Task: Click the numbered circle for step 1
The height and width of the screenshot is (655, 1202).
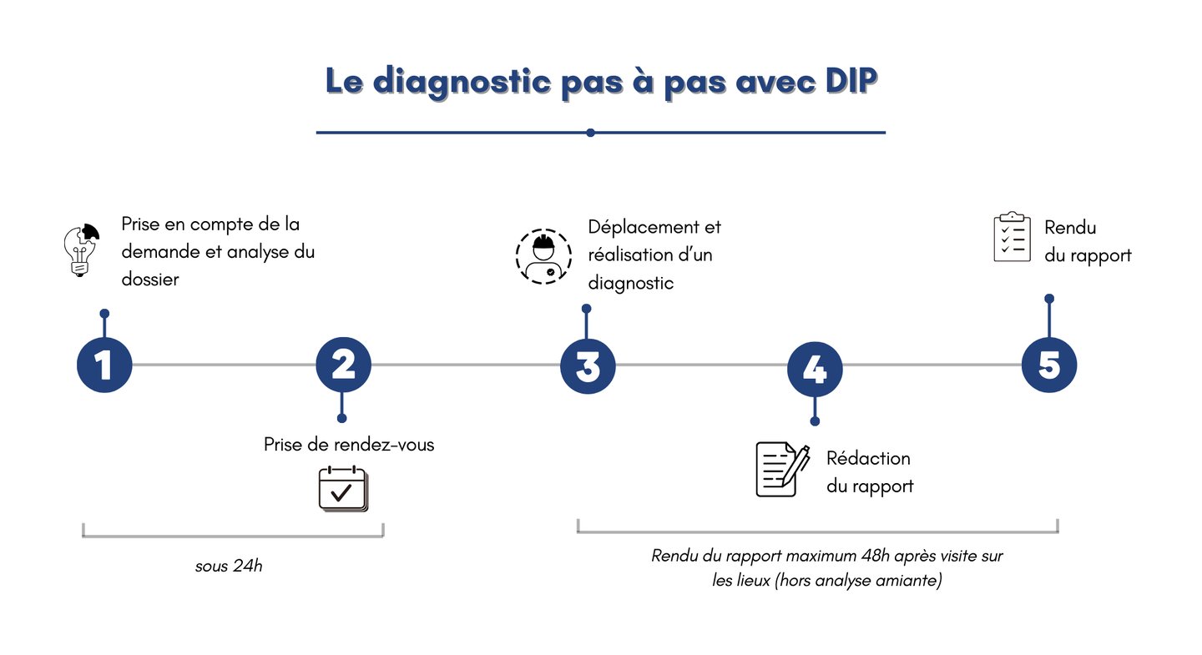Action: tap(104, 365)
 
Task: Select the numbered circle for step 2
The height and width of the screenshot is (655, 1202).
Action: tap(343, 365)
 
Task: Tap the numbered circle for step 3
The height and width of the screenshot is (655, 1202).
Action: tap(588, 366)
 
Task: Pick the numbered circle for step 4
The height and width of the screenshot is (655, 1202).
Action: tap(815, 368)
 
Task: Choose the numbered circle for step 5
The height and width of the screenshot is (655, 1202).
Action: tap(1049, 365)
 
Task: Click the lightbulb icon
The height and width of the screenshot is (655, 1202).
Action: tap(81, 249)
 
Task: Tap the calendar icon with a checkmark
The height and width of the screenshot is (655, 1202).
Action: tap(342, 489)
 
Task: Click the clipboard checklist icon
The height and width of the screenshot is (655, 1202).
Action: tap(1012, 237)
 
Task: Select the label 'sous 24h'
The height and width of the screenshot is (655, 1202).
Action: tap(229, 566)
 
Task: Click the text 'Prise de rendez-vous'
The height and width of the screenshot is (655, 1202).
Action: tap(349, 445)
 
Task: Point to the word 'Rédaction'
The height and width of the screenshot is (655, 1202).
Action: tap(868, 458)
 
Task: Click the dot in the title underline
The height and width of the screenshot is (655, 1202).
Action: tap(590, 133)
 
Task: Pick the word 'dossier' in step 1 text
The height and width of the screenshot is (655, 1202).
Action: tap(150, 280)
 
